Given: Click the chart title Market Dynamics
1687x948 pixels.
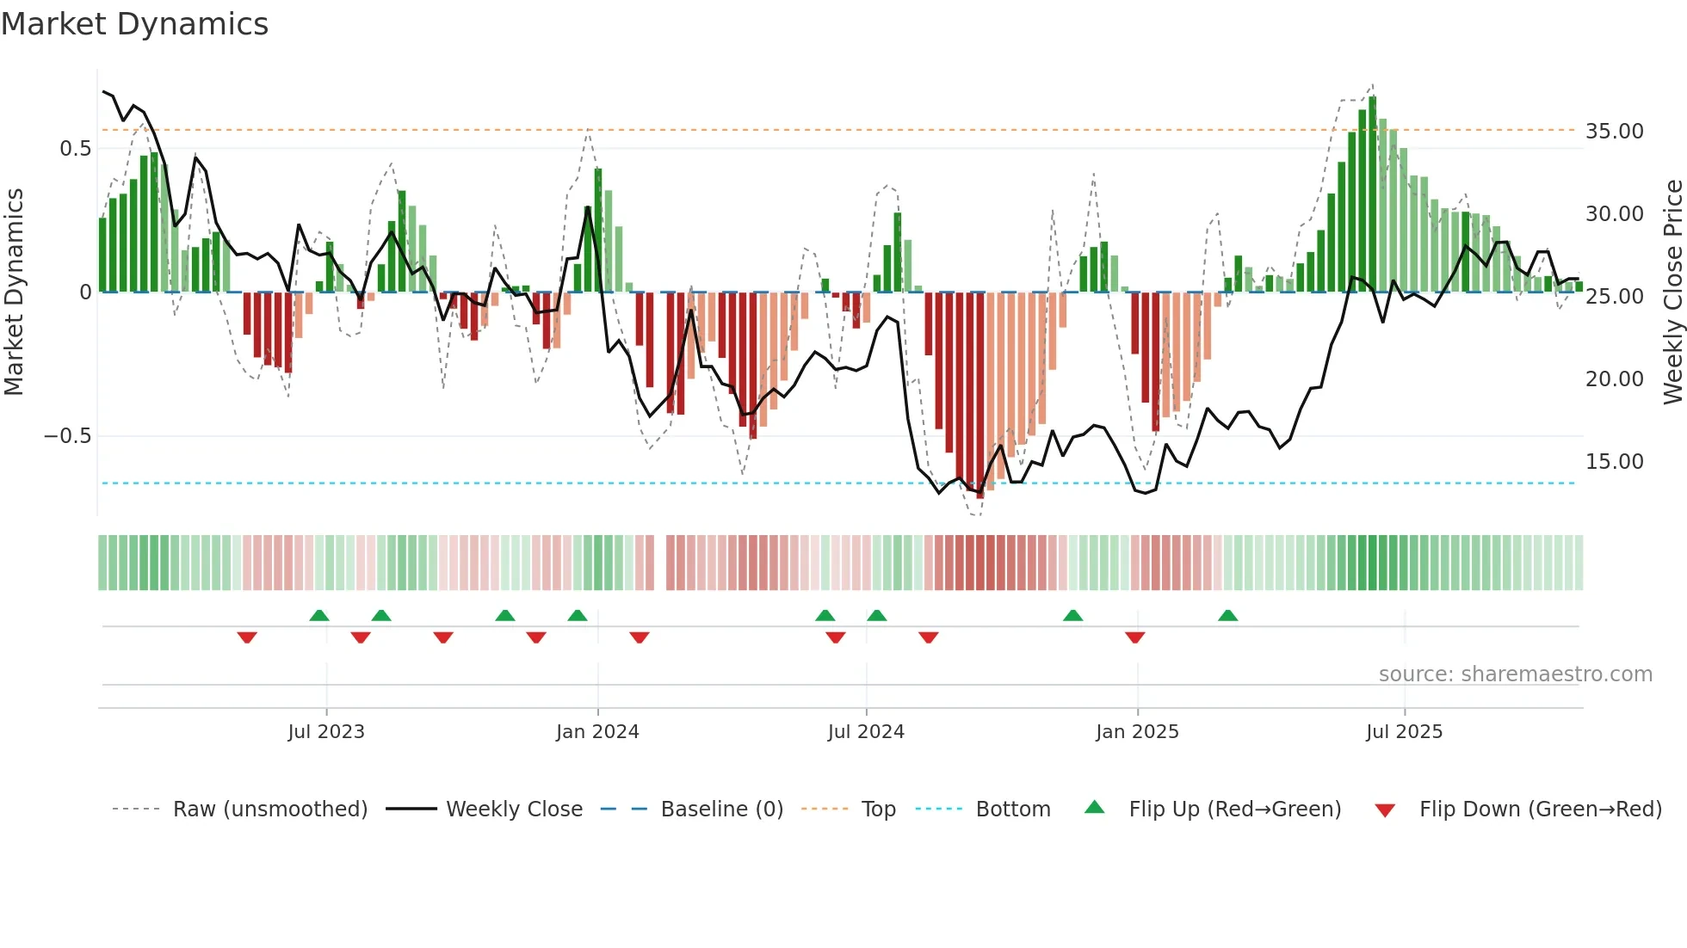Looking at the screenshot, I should click(x=134, y=24).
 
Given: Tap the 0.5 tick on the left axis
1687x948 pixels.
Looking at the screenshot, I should click(x=75, y=149).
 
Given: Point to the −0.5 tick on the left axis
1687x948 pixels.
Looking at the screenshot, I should click(x=67, y=436).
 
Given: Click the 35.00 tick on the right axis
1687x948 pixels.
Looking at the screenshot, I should click(x=1614, y=132).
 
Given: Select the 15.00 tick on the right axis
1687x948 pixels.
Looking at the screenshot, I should click(x=1614, y=462).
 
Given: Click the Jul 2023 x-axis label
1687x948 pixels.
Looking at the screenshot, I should click(x=326, y=732).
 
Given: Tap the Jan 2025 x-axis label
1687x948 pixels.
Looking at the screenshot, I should click(x=1137, y=732).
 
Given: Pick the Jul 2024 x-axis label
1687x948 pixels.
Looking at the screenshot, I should click(x=866, y=732).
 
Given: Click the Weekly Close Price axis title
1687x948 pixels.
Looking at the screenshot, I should click(x=1672, y=292).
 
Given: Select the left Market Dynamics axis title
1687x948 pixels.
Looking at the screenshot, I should click(x=14, y=292).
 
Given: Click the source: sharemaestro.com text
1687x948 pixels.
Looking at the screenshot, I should click(x=1515, y=674).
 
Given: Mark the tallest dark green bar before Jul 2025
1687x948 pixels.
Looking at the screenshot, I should click(x=1372, y=194).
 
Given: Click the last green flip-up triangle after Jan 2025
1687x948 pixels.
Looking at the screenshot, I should click(x=1228, y=616).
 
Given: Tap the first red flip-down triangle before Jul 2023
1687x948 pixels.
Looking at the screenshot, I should click(x=247, y=637).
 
